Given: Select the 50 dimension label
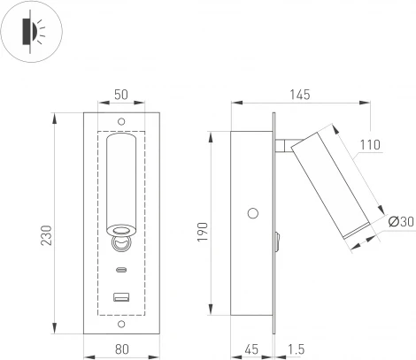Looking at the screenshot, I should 121,95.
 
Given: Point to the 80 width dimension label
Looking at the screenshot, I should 121,349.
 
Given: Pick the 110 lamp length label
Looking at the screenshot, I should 370,143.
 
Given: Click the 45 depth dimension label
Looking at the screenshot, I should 253,349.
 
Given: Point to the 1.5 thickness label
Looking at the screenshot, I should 297,349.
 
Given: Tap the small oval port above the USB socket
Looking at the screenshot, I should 121,272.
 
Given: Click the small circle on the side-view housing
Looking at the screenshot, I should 254,213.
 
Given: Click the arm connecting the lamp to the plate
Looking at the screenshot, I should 285,147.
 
